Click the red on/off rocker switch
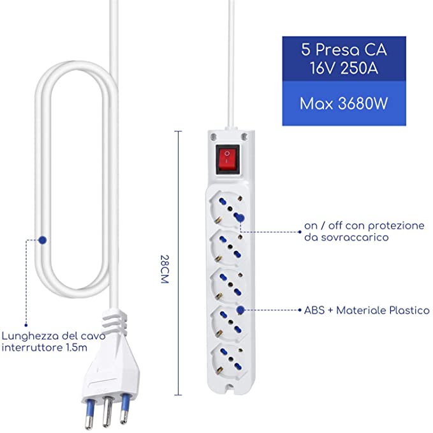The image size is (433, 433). tap(227, 159)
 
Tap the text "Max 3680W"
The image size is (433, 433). tap(344, 103)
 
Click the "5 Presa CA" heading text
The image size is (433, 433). tap(344, 50)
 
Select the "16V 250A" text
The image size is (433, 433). tap(344, 68)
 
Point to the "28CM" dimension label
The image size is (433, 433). tap(165, 269)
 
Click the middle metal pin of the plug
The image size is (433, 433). tap(107, 412)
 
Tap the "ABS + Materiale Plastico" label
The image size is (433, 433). tap(367, 310)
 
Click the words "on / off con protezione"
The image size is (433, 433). tap(364, 225)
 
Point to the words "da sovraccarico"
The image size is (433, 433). tap(346, 237)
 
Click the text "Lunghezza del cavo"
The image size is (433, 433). tap(54, 336)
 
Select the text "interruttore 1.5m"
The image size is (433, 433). tap(45, 347)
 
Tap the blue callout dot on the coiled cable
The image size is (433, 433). tap(42, 240)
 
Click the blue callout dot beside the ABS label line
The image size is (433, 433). tap(240, 310)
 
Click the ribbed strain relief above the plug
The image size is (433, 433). tap(114, 322)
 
